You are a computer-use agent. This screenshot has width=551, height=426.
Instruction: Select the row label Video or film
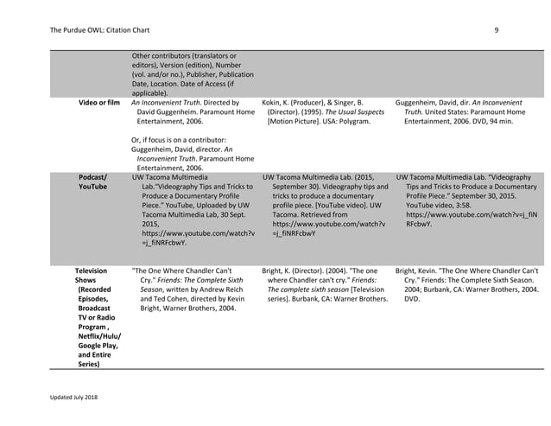coord(98,102)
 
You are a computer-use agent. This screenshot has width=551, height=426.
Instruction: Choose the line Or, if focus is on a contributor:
coord(179,140)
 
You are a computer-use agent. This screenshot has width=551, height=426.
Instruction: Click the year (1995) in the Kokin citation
coord(332,111)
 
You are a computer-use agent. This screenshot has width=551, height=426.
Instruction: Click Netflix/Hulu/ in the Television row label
coord(98,334)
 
